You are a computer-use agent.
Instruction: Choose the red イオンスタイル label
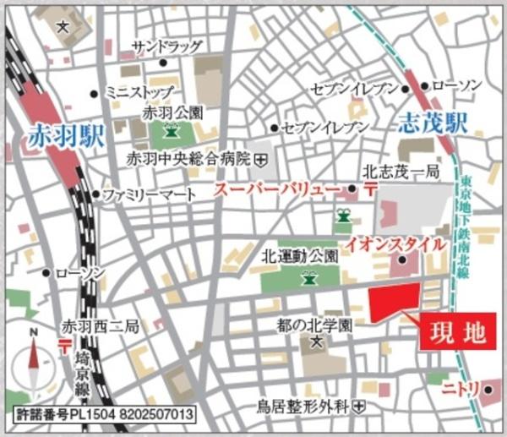click(396, 243)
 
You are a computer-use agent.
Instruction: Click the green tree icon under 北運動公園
click(309, 276)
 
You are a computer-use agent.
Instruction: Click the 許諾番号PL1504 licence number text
click(106, 416)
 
